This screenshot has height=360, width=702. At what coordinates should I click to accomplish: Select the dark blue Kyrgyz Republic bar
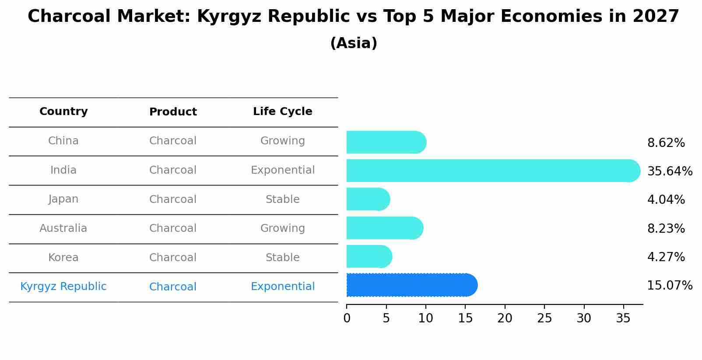[411, 285]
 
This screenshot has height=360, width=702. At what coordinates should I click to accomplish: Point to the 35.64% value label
[670, 171]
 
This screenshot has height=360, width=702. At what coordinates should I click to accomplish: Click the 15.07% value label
[670, 286]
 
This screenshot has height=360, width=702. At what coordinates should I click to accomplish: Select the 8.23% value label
[666, 228]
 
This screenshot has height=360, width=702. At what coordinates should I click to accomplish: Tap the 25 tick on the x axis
[544, 318]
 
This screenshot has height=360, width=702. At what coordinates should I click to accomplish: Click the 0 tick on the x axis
[347, 318]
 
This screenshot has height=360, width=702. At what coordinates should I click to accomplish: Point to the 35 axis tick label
[623, 318]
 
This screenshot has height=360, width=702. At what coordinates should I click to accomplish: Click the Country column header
[63, 112]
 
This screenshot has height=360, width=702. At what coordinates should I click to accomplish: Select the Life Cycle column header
[282, 112]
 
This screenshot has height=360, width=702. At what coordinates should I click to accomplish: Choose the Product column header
[173, 112]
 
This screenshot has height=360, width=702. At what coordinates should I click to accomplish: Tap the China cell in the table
[63, 141]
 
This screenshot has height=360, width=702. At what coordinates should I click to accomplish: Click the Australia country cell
[63, 228]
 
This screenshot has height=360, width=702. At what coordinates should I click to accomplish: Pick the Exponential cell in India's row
[282, 170]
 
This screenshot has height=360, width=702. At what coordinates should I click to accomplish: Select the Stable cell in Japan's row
[282, 199]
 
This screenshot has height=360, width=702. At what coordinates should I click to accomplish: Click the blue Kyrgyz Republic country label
[63, 287]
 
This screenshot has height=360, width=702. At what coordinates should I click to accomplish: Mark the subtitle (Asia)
[354, 43]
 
